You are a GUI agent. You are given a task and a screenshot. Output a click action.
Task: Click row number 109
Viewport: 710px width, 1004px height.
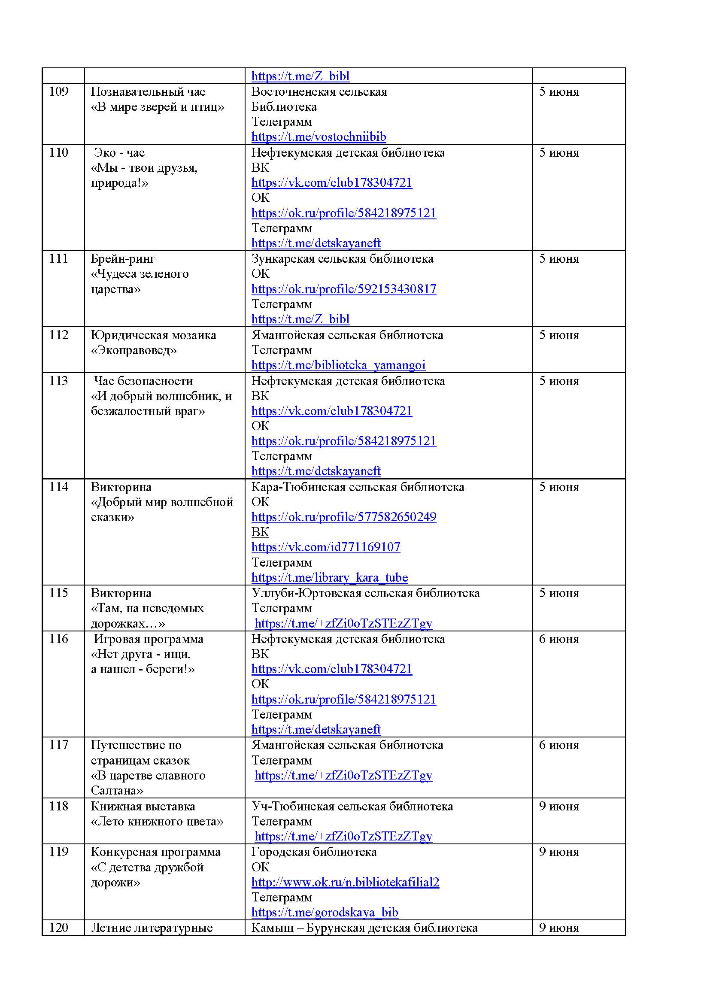coord(58,91)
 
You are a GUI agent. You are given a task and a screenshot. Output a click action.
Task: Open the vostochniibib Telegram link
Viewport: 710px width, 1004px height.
coord(318,137)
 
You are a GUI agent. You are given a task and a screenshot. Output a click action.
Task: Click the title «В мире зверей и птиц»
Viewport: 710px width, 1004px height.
coord(158,107)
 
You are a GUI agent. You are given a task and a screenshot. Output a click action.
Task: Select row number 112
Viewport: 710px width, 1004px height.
coord(58,335)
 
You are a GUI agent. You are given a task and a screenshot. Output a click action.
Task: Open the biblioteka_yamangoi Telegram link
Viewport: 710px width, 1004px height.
coord(338,365)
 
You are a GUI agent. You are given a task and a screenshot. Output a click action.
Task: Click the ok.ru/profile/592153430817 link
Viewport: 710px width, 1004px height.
coord(344,289)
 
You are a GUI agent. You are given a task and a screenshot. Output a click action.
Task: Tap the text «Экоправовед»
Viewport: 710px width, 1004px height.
coord(134,350)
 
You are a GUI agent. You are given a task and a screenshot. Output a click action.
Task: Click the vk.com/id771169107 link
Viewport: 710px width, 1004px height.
coord(326,547)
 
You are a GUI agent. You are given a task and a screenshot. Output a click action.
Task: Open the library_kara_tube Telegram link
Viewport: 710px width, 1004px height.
coord(329,578)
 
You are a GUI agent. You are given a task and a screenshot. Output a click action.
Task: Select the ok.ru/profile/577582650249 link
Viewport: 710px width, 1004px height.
coord(344,517)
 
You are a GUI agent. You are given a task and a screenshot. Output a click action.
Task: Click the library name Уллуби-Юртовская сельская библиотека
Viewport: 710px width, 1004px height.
coord(365,593)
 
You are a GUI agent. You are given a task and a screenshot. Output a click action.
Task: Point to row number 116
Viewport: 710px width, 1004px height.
coord(58,639)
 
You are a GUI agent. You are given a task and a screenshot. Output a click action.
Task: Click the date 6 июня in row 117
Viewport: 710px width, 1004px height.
coord(558,745)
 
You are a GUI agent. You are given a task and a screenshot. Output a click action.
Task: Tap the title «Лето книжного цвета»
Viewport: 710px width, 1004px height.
coord(157,821)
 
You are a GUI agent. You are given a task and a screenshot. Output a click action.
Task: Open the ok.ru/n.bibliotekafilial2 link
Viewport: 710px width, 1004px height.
coord(345,882)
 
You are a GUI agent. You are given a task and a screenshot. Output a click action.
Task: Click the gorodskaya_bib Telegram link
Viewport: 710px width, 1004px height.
coord(325,913)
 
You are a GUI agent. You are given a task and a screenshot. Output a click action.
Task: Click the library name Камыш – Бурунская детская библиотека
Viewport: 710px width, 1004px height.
coord(364,928)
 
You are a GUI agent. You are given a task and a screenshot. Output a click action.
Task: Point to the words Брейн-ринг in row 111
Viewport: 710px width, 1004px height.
coord(123,259)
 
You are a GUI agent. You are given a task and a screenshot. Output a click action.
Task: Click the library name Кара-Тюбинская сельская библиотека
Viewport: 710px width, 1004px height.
coord(358,487)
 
